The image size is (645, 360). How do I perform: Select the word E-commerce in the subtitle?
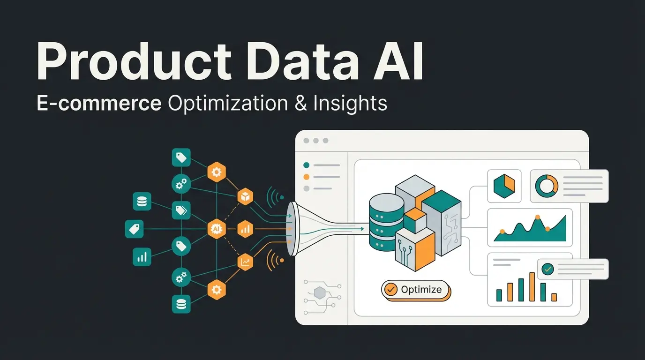(99, 103)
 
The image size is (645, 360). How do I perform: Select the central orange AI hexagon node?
(216, 229)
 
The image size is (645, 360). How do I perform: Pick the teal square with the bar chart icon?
(142, 257)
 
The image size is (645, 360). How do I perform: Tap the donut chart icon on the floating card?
(547, 186)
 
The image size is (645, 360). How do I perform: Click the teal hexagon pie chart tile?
(504, 186)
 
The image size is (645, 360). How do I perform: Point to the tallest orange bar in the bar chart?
(532, 286)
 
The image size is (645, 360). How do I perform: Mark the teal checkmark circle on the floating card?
(547, 269)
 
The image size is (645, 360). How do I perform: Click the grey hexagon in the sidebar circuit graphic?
(320, 293)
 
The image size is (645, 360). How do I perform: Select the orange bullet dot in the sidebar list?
(307, 177)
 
